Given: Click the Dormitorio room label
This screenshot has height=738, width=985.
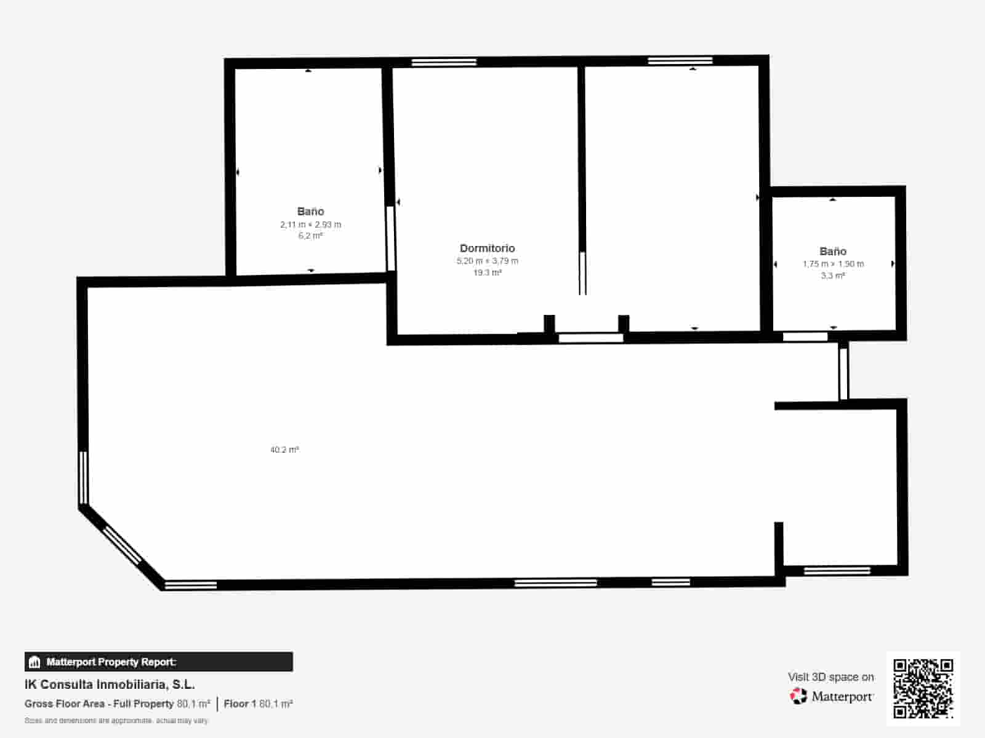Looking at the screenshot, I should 487,248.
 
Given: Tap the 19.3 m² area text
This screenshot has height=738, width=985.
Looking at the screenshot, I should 487,272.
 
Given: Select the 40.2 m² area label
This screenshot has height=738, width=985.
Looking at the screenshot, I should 284,450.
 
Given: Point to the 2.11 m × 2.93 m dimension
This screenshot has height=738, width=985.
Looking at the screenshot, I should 310,224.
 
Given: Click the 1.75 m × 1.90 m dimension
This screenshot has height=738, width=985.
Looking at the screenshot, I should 833,264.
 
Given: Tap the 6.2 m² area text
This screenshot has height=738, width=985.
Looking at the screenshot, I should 310,236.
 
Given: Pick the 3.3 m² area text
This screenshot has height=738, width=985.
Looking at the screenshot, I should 833,276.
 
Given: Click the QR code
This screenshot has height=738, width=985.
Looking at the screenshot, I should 923,688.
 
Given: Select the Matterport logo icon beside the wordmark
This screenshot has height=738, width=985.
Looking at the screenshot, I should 798,696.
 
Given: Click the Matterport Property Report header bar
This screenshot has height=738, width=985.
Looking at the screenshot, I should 158,662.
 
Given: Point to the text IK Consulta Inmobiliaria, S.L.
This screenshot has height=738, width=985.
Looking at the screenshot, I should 110,684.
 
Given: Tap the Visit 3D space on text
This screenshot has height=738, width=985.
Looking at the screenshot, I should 830,676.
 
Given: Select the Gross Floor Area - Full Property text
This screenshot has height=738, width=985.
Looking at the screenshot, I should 99,704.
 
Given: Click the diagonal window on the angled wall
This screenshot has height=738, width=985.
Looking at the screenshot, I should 122,544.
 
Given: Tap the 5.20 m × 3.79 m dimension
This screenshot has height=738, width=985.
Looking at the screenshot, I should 487,261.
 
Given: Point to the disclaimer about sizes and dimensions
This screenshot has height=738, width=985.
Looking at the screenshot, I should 116,720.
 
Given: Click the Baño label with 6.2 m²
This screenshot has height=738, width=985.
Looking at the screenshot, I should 310,211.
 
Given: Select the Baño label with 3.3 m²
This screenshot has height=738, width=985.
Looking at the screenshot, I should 833,251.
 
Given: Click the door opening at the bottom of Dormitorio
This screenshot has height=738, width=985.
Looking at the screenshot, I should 590,338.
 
